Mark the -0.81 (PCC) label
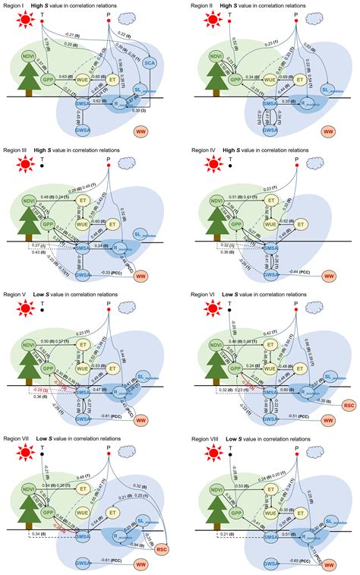pyautogui.click(x=112, y=415)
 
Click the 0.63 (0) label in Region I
pyautogui.click(x=66, y=76)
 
